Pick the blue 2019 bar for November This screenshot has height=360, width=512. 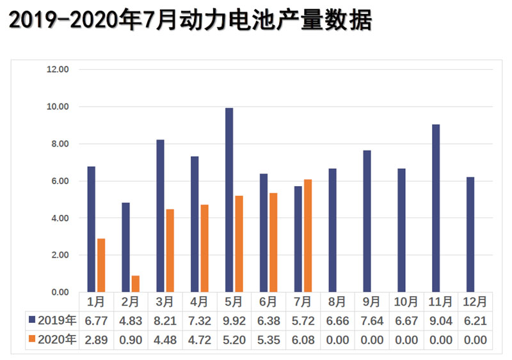436,208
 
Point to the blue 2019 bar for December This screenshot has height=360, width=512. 470,234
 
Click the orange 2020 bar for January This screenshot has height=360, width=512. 101,265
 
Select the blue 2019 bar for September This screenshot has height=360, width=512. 367,221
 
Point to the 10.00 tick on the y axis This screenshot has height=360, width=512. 58,107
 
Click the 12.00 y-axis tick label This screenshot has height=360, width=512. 58,70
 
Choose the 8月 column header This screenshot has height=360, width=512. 337,301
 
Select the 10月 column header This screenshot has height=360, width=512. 406,301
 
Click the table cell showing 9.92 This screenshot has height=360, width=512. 234,320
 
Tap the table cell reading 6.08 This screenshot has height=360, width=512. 303,340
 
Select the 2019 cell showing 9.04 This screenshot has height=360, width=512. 440,320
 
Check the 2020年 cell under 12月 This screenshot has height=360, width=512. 475,340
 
